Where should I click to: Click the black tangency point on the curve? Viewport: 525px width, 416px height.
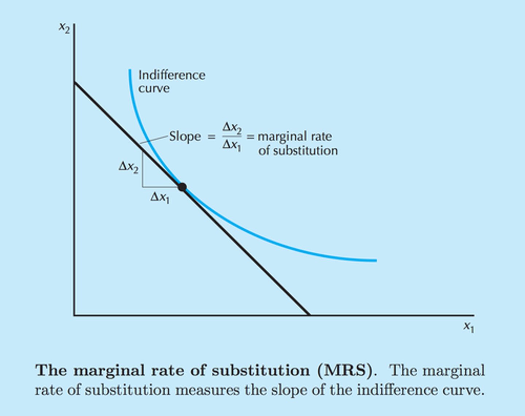(182, 187)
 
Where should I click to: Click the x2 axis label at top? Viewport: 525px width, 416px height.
(64, 28)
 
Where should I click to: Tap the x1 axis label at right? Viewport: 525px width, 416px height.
(468, 327)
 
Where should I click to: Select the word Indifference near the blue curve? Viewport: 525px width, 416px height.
(172, 75)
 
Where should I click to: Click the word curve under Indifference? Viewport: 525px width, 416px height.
(154, 89)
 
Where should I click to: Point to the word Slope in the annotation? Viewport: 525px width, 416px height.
(185, 136)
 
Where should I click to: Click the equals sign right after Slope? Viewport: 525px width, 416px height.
(211, 137)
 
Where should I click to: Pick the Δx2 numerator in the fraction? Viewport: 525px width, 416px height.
(232, 128)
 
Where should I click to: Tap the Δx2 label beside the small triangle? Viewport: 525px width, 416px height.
(128, 167)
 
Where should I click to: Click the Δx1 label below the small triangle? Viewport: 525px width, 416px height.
(160, 198)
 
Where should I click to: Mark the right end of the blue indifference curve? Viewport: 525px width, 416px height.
(376, 260)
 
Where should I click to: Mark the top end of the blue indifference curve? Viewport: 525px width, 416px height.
(130, 70)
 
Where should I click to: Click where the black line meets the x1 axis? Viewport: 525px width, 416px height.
(310, 315)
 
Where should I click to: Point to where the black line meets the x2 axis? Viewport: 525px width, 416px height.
(74, 82)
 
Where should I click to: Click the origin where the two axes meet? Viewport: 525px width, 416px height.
(74, 315)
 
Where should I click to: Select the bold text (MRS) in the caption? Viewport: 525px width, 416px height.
(346, 371)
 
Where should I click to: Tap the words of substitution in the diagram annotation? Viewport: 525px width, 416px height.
(298, 151)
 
